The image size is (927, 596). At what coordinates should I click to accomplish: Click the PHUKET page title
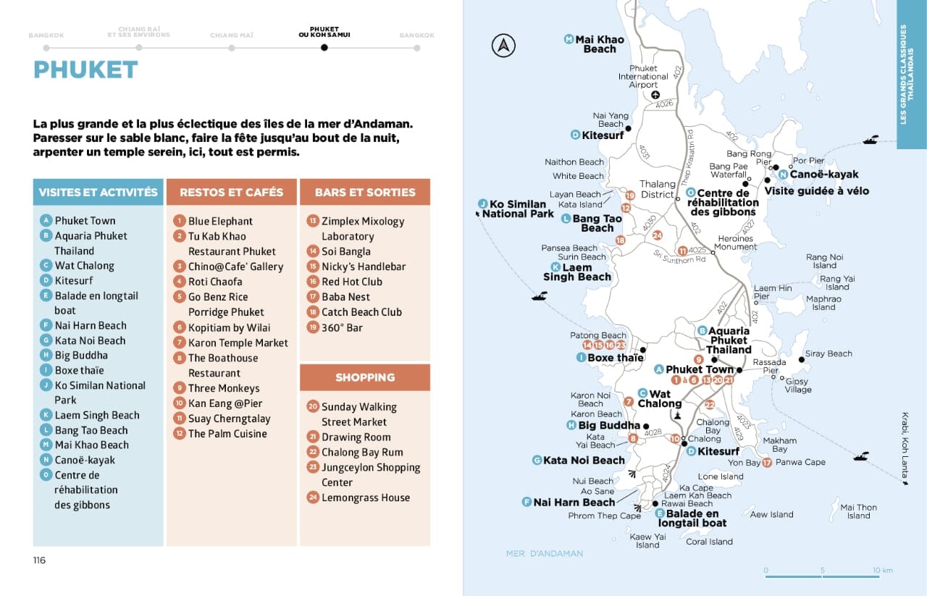coord(85,70)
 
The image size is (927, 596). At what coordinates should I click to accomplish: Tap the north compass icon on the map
coord(503,46)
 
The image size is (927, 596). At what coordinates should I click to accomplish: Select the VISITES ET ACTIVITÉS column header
coord(98,193)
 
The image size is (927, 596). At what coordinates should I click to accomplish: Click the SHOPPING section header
coord(365,377)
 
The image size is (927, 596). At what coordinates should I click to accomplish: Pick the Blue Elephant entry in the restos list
coord(220,221)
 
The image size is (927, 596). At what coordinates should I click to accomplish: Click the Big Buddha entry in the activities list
coord(81,356)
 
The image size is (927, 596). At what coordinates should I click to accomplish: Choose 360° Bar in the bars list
coord(342,327)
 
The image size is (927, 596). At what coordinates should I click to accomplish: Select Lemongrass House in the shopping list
coord(365,498)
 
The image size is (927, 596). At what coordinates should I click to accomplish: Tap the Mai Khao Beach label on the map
coord(599,44)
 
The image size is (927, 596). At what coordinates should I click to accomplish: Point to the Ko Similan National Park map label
coord(517,209)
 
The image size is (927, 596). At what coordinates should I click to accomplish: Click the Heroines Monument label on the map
coord(736,243)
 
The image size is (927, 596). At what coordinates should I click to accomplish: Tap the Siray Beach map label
coord(829,353)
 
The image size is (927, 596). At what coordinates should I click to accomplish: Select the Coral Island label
coord(709,542)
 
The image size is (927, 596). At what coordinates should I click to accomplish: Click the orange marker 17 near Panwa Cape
coord(767,462)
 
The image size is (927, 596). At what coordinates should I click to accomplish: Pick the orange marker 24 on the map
coord(658,235)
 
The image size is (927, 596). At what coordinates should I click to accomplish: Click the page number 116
coord(39,560)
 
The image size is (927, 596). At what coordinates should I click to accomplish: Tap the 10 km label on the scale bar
coord(883,570)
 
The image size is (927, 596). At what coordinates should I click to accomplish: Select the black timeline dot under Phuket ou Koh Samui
coord(324,48)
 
